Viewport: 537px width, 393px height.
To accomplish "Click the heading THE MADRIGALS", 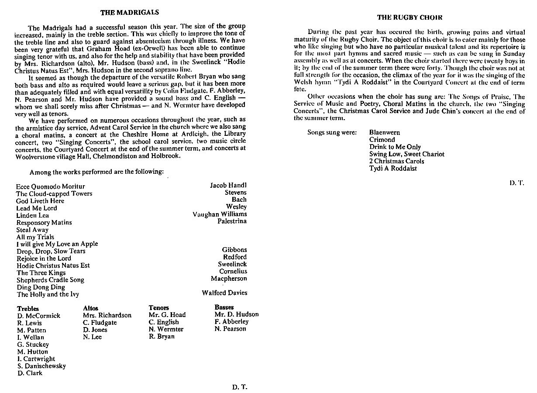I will [x=130, y=13].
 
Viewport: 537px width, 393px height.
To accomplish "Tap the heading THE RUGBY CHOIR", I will [x=410, y=18].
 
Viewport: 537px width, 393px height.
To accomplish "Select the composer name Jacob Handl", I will [x=228, y=186].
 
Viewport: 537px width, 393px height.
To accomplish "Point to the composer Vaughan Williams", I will [x=220, y=214].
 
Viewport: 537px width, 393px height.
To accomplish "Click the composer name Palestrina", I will [x=232, y=221].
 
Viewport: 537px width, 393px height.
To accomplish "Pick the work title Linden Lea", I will [x=33, y=215].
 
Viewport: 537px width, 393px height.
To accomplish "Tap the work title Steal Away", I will [x=32, y=230].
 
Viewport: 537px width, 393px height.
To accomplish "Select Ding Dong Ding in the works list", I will [x=41, y=287].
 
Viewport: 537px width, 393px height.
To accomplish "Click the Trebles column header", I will [x=28, y=309].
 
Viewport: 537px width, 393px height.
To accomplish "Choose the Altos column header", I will [x=90, y=308].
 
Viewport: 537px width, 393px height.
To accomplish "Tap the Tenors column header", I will [x=158, y=308].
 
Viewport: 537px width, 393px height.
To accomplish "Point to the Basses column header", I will [x=224, y=307].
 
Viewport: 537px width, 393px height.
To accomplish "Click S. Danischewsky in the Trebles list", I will [x=41, y=366].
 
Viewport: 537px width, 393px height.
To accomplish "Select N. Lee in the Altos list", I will [x=92, y=337].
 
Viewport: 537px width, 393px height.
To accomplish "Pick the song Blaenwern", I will [x=384, y=132].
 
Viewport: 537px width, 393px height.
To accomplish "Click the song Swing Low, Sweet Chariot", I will [x=406, y=154].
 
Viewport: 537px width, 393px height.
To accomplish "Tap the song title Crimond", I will [x=382, y=140].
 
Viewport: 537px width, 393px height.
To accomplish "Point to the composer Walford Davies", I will [x=224, y=293].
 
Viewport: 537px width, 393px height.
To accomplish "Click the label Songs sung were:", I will [x=332, y=132].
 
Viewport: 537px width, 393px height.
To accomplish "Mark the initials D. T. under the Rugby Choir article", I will [x=516, y=183].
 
